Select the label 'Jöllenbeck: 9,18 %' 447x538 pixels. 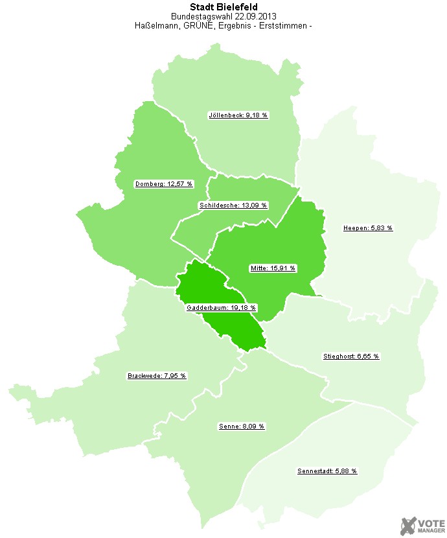238,115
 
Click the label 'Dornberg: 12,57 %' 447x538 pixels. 164,184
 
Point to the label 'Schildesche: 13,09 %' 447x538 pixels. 233,205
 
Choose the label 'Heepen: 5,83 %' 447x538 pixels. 367,228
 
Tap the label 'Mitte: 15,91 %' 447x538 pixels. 272,268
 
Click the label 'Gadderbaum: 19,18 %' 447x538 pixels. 221,308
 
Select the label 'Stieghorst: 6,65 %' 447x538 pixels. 351,357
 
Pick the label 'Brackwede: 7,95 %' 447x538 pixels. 157,376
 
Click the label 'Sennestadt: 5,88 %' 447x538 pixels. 327,471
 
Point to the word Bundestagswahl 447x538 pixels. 201,17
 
